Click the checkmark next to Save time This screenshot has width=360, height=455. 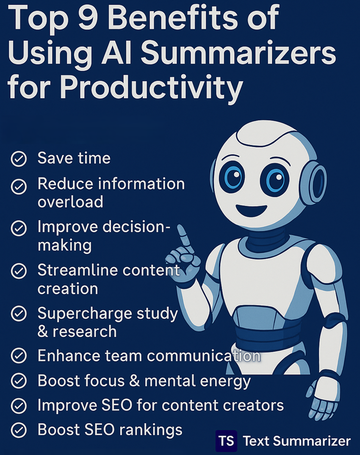[x=19, y=159]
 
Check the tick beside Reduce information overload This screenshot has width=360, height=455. [x=19, y=185]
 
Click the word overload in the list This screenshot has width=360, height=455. [x=70, y=202]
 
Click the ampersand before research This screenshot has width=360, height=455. [x=43, y=331]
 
